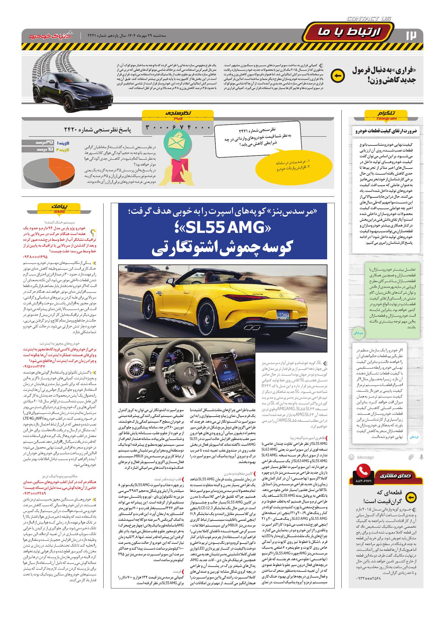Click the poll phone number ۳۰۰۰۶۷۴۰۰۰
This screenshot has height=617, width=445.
[178, 128]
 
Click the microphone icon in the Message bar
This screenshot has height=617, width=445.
[421, 457]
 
